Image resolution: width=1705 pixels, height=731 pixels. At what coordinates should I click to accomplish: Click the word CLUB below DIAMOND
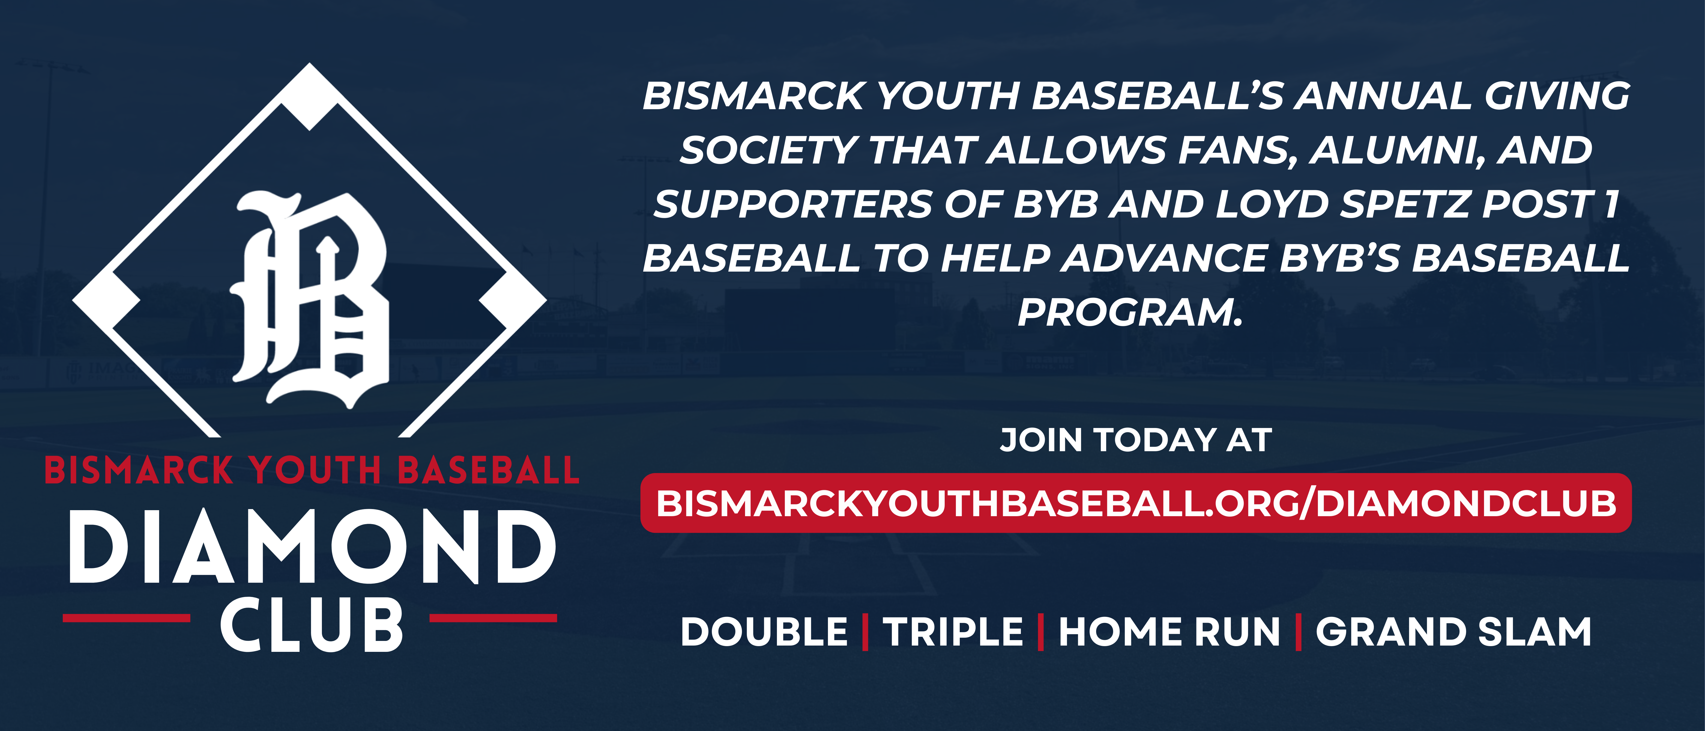311,624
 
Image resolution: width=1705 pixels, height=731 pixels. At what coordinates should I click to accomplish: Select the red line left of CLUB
126,618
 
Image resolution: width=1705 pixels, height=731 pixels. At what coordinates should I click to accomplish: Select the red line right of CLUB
493,618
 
